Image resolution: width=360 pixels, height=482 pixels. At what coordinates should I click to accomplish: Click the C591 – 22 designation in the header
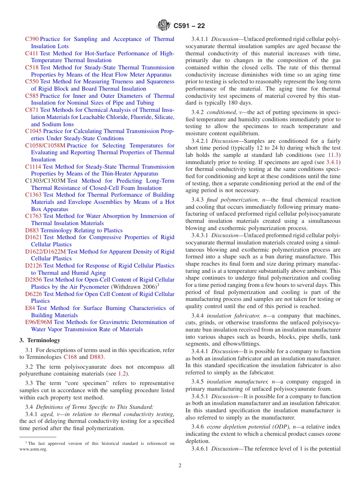[x=189, y=26]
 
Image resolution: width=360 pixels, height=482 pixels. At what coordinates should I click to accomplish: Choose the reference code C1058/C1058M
[x=45, y=146]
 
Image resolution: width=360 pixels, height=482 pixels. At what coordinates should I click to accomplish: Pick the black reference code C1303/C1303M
[x=45, y=181]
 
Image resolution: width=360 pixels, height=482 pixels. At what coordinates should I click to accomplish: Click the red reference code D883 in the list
[x=32, y=230]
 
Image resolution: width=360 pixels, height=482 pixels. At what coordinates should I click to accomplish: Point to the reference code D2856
[x=33, y=280]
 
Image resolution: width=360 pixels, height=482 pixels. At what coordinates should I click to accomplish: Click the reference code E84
[x=30, y=308]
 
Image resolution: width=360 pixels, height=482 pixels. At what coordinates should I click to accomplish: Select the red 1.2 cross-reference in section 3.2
[x=122, y=374]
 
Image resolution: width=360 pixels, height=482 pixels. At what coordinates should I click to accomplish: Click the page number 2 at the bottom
[x=180, y=466]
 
